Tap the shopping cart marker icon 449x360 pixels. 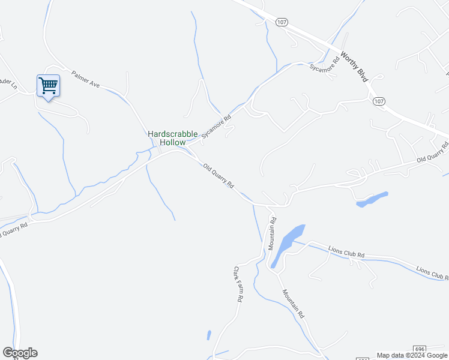tap(48, 85)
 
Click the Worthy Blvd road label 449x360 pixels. tap(354, 66)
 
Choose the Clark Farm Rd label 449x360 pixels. tap(238, 284)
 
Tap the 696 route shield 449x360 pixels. tap(420, 349)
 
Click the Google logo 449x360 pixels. tap(20, 353)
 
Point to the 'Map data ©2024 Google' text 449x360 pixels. tap(411, 355)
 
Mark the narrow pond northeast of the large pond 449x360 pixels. tap(372, 200)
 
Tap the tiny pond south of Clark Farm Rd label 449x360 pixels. tap(208, 335)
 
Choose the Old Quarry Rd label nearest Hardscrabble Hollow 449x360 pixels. tap(218, 176)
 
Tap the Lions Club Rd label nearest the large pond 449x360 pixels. tap(346, 251)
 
